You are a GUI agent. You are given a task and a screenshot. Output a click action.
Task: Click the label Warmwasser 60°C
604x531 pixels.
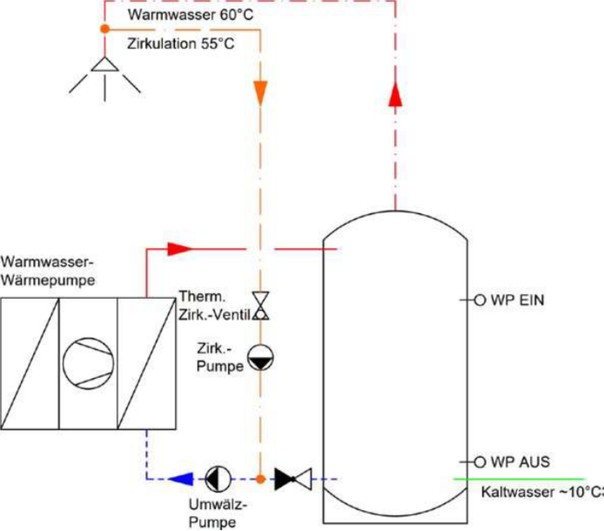coord(190,15)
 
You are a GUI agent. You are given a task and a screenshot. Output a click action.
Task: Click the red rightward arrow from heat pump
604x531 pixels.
coord(179,248)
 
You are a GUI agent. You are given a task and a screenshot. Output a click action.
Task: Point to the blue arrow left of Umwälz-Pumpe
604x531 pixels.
coord(180,479)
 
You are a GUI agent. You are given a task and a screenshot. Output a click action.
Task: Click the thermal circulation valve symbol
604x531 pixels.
coord(261,306)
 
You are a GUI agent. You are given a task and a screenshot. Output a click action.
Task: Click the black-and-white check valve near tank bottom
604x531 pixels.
coord(293,479)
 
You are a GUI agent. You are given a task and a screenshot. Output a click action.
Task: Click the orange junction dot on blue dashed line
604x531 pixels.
coord(260,479)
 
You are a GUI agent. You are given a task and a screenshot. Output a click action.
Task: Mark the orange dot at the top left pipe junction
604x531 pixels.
coord(104,29)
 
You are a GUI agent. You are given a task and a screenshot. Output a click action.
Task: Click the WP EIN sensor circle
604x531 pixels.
coord(480,300)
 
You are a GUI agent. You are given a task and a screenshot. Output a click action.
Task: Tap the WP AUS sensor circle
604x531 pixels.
coord(480,462)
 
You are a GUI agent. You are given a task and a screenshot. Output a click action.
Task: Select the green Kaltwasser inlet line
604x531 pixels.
coord(519,479)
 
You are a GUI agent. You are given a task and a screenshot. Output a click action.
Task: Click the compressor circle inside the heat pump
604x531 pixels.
coord(88,361)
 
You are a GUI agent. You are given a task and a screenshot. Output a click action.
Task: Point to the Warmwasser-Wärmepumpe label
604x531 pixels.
coord(48,272)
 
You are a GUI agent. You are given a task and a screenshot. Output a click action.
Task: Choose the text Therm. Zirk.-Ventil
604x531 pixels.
coord(214,306)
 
